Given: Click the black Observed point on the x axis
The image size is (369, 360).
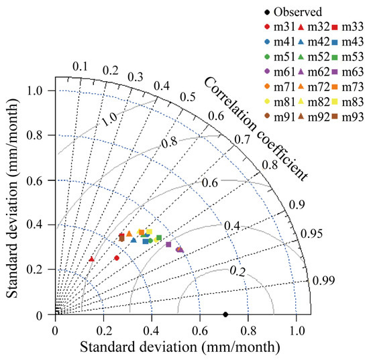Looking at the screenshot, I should click(225, 314).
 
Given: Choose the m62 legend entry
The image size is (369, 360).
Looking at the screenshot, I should click(315, 73).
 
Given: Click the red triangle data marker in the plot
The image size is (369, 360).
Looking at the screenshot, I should click(91, 259).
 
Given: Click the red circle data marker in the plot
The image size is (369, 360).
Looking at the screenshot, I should click(117, 257).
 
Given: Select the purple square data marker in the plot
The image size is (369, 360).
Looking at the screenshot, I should click(168, 245).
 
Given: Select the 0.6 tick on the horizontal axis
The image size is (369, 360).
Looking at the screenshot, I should click(200, 330).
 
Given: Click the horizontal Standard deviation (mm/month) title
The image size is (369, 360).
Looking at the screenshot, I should click(179, 348).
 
